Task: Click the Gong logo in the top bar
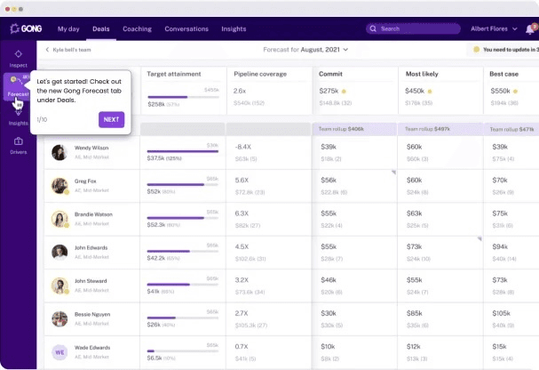pos(27,28)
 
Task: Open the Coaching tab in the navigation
pos(137,28)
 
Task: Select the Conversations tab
pos(186,28)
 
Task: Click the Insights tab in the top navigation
pos(234,28)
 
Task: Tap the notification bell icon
pos(530,28)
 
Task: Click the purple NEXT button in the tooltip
pos(111,119)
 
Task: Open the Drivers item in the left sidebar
pos(18,145)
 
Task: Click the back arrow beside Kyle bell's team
pos(47,50)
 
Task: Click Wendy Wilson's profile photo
pos(59,152)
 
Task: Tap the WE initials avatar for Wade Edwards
pos(59,351)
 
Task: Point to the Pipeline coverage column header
pos(259,73)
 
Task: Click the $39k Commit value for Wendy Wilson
pos(329,147)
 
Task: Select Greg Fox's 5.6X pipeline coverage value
pos(242,180)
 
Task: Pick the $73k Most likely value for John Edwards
pos(415,246)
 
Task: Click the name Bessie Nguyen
pos(91,314)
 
